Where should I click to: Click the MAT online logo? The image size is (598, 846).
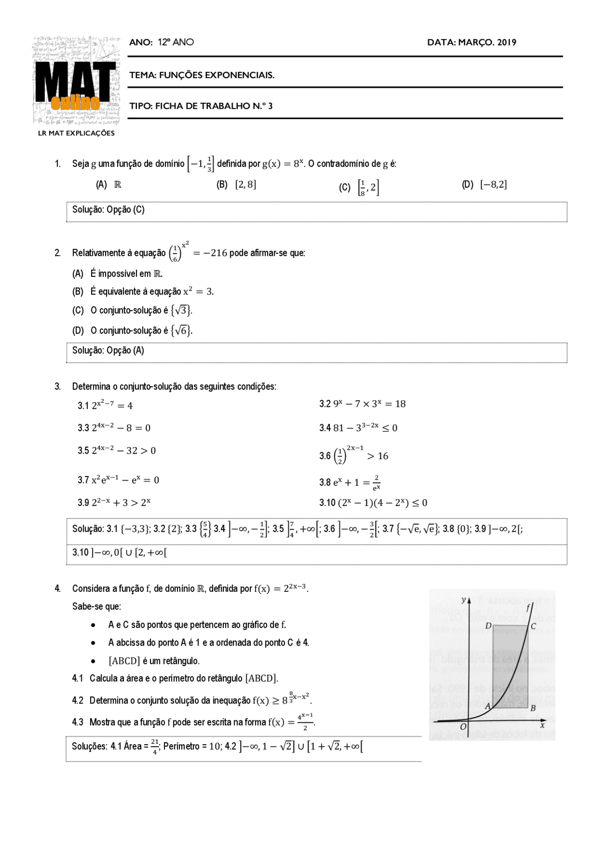click(x=76, y=80)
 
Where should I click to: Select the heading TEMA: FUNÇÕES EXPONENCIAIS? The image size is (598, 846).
click(x=202, y=75)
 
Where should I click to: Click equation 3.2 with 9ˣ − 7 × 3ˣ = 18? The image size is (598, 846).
click(x=363, y=404)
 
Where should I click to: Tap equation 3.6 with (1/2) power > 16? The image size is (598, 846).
click(x=354, y=455)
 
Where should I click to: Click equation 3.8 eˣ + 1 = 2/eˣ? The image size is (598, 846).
click(x=350, y=483)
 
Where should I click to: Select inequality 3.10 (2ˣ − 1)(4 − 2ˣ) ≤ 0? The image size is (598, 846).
click(x=373, y=503)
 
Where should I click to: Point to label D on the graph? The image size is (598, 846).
click(x=488, y=626)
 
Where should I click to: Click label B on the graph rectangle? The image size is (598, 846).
click(x=533, y=708)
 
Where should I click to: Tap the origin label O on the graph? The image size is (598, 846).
click(x=463, y=727)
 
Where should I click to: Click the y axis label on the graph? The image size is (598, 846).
click(x=463, y=600)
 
